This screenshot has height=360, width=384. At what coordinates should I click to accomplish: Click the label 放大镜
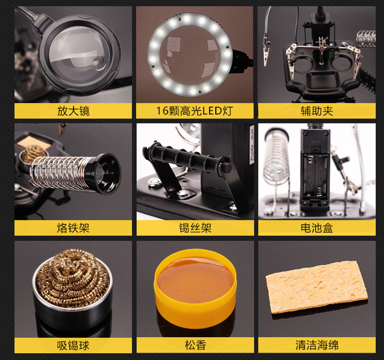73,111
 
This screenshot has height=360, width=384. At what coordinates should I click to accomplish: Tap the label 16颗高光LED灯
195,111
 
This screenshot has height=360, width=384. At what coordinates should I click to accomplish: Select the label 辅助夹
316,111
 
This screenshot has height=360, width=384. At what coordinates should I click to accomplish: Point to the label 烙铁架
73,228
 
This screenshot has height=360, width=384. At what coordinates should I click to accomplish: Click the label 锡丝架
195,228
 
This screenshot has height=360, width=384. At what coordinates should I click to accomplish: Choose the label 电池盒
316,228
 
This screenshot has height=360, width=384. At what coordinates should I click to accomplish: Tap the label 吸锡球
73,345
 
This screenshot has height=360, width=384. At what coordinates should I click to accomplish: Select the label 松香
195,345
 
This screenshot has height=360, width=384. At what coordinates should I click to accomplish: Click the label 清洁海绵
316,345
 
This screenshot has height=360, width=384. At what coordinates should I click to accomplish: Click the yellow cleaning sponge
316,287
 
